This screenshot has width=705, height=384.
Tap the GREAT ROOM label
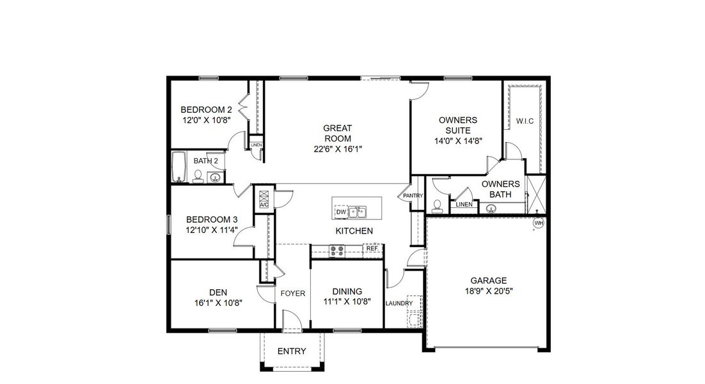[x=337, y=133]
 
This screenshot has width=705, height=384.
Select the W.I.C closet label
[x=525, y=120]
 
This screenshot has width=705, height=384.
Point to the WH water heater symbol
[x=539, y=223]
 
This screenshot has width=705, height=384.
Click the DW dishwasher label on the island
[x=341, y=212]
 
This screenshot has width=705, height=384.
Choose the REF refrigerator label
[x=372, y=248]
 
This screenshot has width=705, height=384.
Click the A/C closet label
[x=264, y=205]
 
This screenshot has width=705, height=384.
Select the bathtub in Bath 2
[x=178, y=168]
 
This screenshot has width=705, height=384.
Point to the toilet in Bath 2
[x=198, y=177]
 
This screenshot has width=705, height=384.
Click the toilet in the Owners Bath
[x=438, y=205]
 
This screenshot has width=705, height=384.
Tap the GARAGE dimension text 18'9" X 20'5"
[x=489, y=291]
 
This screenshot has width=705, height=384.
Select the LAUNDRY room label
[x=399, y=303]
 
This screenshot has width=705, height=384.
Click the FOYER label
[x=293, y=294]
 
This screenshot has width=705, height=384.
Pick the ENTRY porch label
[x=292, y=351]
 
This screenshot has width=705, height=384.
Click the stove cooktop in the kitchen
[x=337, y=250]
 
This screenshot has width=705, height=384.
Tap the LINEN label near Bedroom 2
[x=257, y=145]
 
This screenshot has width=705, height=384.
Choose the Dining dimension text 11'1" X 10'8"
[x=347, y=301]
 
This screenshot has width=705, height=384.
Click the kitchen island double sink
[x=357, y=211]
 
